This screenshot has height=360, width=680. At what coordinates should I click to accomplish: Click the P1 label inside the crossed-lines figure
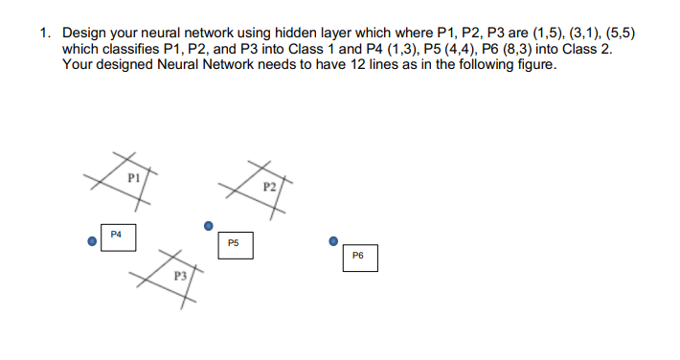[134, 178]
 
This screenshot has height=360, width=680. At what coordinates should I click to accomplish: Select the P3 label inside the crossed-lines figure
[178, 275]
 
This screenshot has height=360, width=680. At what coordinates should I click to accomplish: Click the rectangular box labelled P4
[118, 236]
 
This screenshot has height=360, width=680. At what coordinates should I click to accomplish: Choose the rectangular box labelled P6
[359, 258]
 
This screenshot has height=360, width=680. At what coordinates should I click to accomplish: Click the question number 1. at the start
[45, 33]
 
